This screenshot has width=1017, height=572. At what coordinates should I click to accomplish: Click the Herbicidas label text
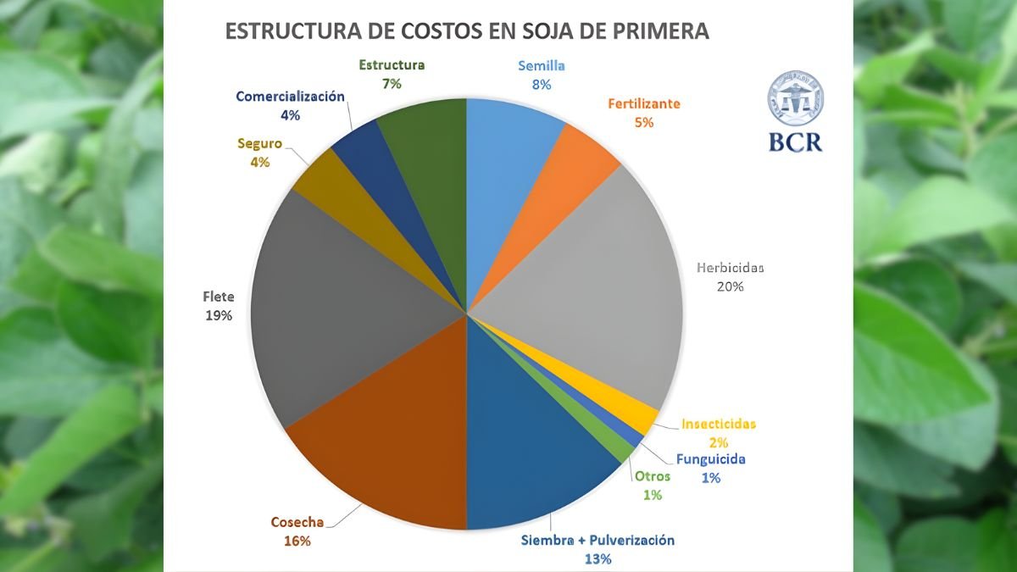pyautogui.click(x=730, y=268)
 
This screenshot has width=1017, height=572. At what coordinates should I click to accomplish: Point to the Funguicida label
pyautogui.click(x=710, y=459)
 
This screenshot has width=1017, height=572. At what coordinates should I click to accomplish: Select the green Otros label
pyautogui.click(x=653, y=476)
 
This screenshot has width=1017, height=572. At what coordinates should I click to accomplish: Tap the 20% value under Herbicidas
pyautogui.click(x=730, y=286)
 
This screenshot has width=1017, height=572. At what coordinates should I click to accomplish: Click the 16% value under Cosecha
pyautogui.click(x=297, y=541)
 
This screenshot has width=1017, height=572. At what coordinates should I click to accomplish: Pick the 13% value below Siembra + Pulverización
pyautogui.click(x=598, y=558)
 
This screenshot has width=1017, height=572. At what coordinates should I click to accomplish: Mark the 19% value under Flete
pyautogui.click(x=218, y=315)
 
